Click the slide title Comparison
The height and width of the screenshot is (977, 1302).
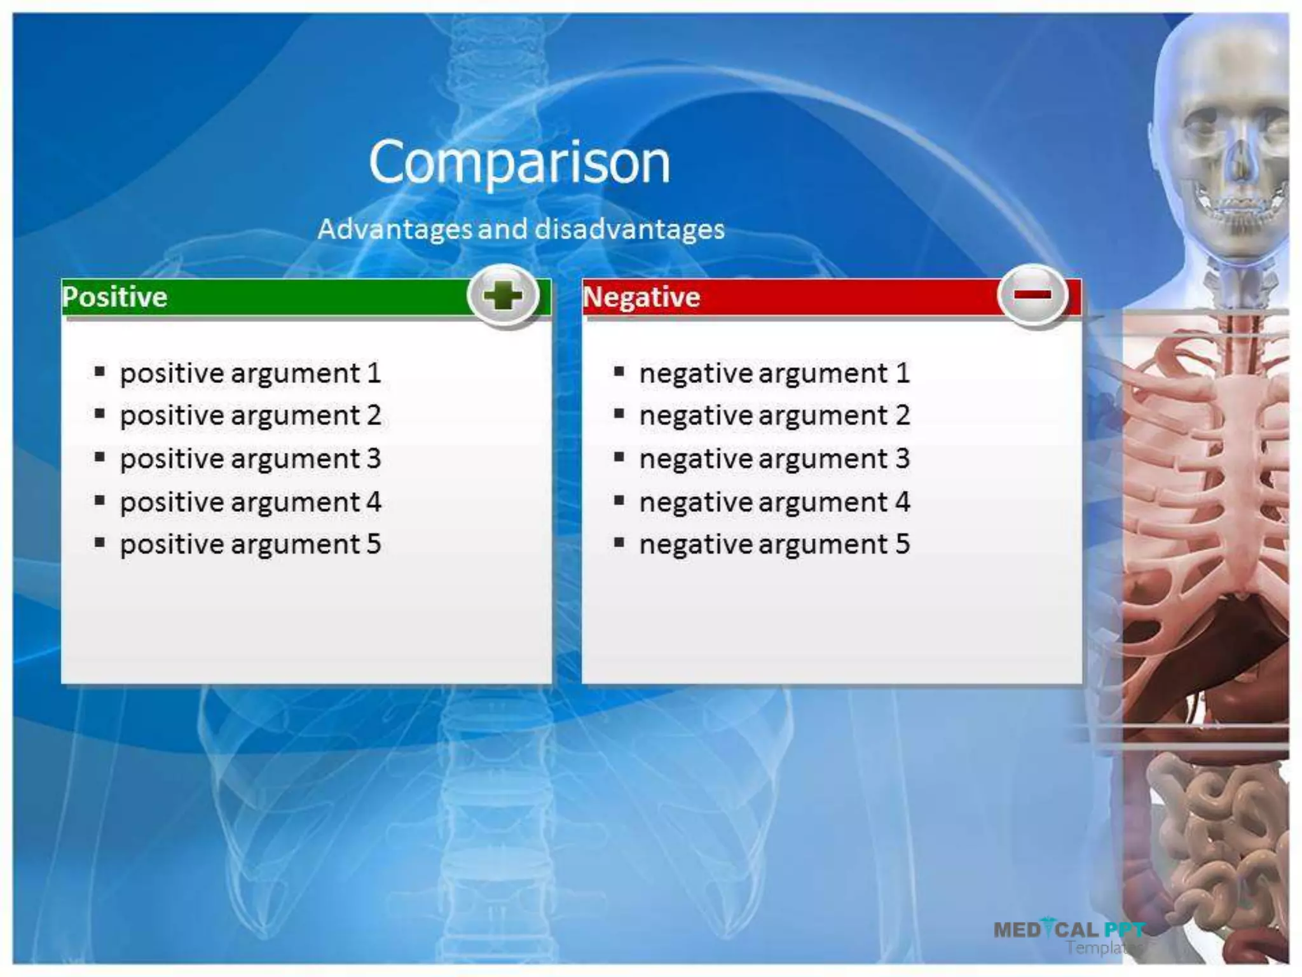coord(519,163)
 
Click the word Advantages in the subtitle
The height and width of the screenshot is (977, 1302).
coord(394,229)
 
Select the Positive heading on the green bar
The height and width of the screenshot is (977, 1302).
coord(115,297)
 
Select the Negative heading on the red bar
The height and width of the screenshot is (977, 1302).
coord(641,297)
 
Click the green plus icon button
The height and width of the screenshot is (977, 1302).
coord(503,296)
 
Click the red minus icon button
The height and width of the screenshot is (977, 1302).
coord(1032,294)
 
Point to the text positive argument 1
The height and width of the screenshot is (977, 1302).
coord(250,373)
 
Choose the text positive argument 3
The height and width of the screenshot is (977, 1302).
coord(250,459)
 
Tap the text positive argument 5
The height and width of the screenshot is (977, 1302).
coord(250,544)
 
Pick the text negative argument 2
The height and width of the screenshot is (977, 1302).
coord(774,416)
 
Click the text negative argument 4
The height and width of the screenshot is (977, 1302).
coord(774,502)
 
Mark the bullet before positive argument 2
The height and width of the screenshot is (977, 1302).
coord(100,414)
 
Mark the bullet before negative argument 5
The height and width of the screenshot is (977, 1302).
coord(619,543)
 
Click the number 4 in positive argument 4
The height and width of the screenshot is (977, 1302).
coord(373,502)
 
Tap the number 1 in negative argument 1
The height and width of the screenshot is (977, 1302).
coord(903,373)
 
